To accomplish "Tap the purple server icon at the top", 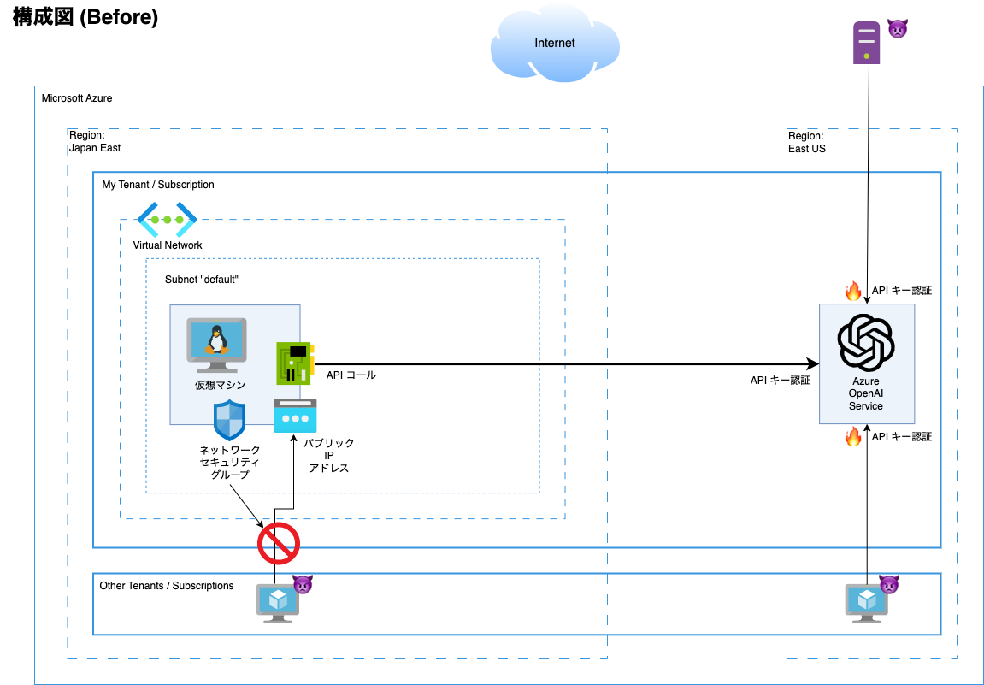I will coord(866,43).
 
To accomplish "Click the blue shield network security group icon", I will coord(229,420).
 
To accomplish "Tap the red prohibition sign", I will coord(279,543).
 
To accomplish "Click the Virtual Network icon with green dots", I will coord(167,220).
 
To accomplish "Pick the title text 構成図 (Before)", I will coord(85,18).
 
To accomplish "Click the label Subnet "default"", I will coord(201,280).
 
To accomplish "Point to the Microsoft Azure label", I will coord(77,98).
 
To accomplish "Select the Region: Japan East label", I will coord(94,142).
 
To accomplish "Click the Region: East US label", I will coord(806,142).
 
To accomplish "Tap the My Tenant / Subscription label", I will coord(158,185).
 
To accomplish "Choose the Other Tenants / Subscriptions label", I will coord(167,586).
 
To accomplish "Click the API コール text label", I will coord(351,375).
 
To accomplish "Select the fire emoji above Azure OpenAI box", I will coord(853,292).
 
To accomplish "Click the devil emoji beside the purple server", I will coord(897,28).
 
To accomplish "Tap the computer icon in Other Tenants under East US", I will coord(866,603).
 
